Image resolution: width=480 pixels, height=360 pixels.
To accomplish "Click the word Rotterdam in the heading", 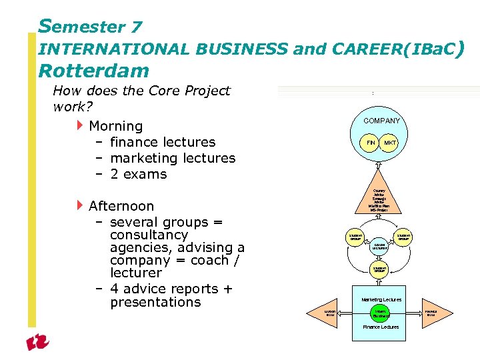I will point(93,70).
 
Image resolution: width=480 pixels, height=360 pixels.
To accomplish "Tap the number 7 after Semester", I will point(136,27).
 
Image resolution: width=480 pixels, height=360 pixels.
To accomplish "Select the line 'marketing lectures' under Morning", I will point(173,158).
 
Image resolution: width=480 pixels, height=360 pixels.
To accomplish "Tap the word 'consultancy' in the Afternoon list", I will point(149,235).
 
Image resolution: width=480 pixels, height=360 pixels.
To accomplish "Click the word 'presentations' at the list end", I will point(155,302).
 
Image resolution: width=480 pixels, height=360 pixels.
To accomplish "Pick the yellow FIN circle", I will point(371,143).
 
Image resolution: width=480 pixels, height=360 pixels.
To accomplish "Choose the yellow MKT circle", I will point(390,143).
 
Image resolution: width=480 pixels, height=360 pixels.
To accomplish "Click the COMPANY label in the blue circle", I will point(381,121).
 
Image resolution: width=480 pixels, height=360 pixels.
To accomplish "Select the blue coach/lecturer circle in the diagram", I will point(380,246).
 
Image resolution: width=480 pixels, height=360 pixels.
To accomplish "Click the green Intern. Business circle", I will point(381,313).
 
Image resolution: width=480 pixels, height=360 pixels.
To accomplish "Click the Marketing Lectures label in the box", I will point(381,300).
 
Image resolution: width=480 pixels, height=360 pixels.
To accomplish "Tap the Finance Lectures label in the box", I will point(381,327).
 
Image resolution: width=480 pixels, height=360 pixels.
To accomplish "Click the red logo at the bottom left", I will point(38,343).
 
